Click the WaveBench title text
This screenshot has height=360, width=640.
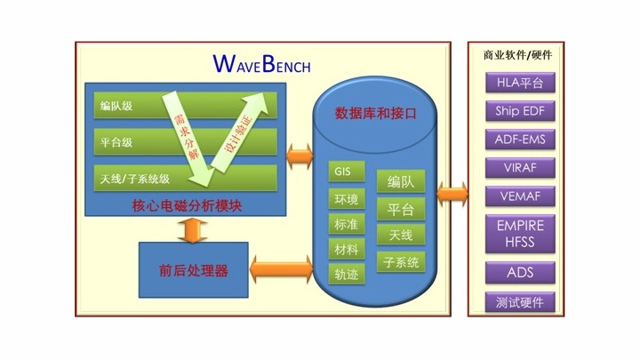(x=261, y=65)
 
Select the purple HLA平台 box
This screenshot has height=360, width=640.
(x=520, y=83)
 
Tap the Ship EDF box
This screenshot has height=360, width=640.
(x=520, y=111)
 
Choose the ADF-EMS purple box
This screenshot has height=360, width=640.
(x=520, y=140)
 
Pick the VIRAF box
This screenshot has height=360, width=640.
(x=520, y=168)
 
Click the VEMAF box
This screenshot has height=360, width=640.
(x=520, y=196)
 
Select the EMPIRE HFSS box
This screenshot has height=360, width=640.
(x=520, y=234)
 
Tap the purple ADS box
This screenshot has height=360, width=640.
(x=520, y=272)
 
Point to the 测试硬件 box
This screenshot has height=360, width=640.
(x=520, y=302)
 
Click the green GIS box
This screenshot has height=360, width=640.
(x=347, y=172)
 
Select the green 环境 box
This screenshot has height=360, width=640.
(x=347, y=199)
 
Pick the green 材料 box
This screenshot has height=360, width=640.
(x=347, y=249)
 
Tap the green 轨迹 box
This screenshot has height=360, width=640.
(x=347, y=274)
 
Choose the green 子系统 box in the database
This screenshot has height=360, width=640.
(x=401, y=262)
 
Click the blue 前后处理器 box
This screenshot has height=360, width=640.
(x=194, y=270)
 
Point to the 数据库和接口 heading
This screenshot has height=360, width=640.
(x=375, y=113)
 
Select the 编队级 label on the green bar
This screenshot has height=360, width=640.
(x=116, y=106)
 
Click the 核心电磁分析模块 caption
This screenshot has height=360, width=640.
(x=187, y=205)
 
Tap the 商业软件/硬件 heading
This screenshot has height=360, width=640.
(x=517, y=55)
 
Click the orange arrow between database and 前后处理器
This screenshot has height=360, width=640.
(x=281, y=270)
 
